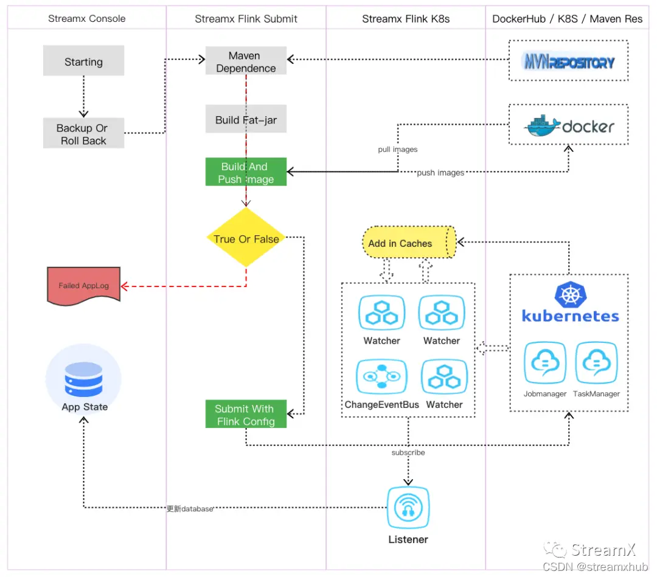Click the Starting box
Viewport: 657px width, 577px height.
(83, 61)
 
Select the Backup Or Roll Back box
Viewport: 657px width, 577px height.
(83, 134)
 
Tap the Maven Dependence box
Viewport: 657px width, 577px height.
(246, 62)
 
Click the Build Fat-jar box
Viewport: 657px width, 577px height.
(246, 120)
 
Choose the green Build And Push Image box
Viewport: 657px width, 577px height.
(246, 173)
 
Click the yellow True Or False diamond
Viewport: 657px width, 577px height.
(246, 238)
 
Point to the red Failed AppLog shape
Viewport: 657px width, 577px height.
(84, 285)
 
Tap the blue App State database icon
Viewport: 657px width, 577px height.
(84, 378)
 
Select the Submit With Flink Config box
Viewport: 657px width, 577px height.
(246, 415)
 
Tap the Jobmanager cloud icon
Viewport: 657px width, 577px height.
(545, 364)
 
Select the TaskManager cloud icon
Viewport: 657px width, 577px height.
(596, 364)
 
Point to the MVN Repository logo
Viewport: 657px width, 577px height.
(568, 61)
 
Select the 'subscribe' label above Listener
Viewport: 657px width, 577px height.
(408, 452)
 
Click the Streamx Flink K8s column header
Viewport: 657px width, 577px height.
(406, 19)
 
